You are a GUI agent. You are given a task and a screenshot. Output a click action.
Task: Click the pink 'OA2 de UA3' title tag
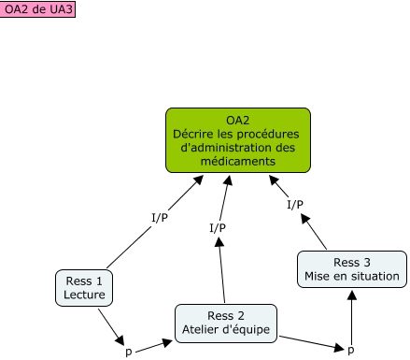pos(37,9)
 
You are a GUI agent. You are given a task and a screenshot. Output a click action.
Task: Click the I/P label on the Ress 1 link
pos(160,218)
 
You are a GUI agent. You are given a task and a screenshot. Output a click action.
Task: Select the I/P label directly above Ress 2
pos(218,226)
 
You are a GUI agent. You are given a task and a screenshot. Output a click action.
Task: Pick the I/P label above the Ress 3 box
pos(295,203)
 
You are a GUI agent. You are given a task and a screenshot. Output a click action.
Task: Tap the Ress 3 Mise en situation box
pos(352,268)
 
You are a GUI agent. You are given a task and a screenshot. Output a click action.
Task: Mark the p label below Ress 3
pos(351,349)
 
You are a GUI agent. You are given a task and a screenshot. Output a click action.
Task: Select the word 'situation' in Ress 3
pos(375,276)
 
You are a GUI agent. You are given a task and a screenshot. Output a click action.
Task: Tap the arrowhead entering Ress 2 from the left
pos(170,331)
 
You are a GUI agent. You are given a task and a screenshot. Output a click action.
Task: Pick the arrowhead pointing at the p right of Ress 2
pos(338,346)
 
